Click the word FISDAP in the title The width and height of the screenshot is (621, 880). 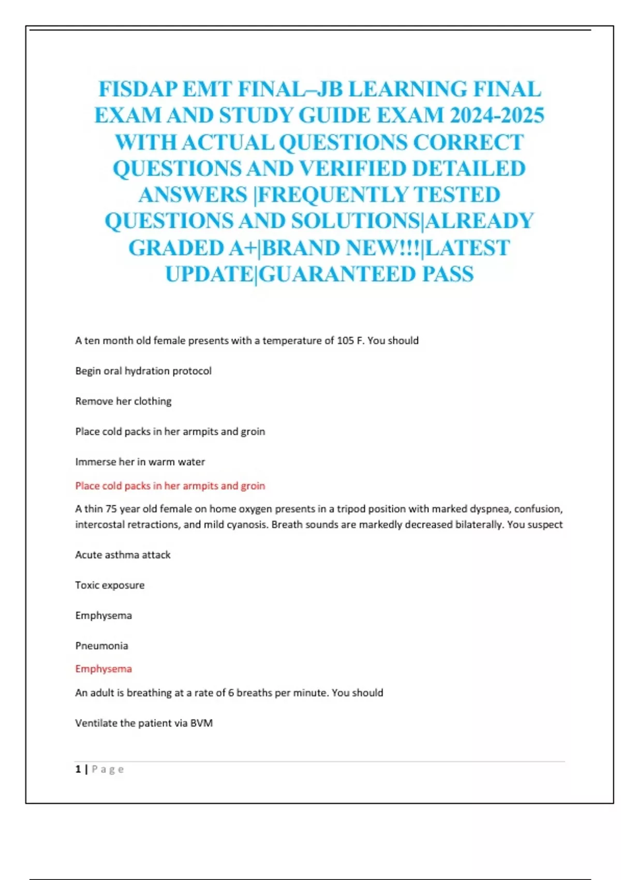[138, 89]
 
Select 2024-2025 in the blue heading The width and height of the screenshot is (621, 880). [497, 115]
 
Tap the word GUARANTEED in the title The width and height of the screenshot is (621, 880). [336, 274]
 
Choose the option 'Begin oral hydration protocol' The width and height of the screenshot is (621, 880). [143, 371]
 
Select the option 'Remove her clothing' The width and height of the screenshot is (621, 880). [123, 401]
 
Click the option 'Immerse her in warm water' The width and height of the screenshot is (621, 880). [140, 462]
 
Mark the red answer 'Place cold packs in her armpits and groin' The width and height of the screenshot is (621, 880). [170, 486]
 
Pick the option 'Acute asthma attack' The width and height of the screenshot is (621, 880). [123, 555]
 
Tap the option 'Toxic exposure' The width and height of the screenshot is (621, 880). [110, 585]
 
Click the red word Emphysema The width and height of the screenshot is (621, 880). [103, 669]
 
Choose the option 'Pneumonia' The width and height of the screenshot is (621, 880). [101, 646]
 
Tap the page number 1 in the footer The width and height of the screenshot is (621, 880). [78, 769]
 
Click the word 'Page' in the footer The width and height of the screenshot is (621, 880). [108, 769]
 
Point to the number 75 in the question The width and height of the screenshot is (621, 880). [111, 509]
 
